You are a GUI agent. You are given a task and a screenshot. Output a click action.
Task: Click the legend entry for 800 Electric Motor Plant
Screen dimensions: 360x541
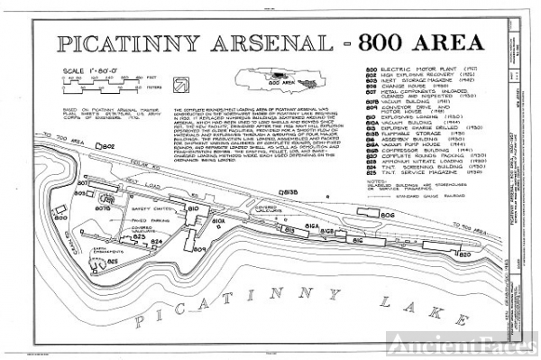(x=424, y=69)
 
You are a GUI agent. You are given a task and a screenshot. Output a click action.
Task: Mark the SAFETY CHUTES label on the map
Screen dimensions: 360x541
(x=112, y=205)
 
